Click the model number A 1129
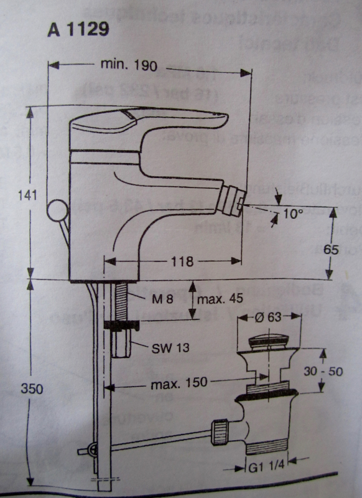pyautogui.click(x=78, y=29)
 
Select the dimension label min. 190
pyautogui.click(x=129, y=65)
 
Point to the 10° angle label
pyautogui.click(x=292, y=214)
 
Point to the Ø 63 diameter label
pyautogui.click(x=269, y=318)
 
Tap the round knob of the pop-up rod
pyautogui.click(x=58, y=210)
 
